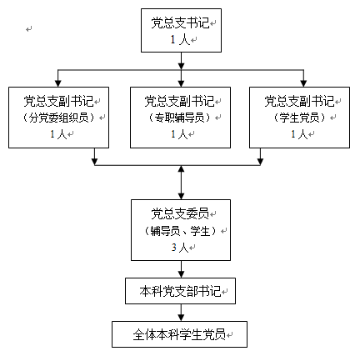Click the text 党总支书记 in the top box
180,23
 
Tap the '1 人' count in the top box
180,40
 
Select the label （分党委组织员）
58,118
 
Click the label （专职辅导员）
179,118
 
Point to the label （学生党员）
299,118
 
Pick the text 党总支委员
180,213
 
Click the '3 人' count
180,247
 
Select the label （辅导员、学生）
180,231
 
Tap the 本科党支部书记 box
180,291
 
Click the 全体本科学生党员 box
179,334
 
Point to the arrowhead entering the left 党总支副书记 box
57,83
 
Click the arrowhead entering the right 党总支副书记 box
303,83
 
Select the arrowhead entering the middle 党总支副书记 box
181,83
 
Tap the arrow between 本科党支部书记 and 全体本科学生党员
181,313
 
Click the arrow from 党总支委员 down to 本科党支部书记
181,269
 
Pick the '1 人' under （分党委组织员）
58,134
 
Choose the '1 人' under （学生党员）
299,134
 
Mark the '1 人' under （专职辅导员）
179,134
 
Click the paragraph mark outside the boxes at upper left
29,28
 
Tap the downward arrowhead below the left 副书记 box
95,162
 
